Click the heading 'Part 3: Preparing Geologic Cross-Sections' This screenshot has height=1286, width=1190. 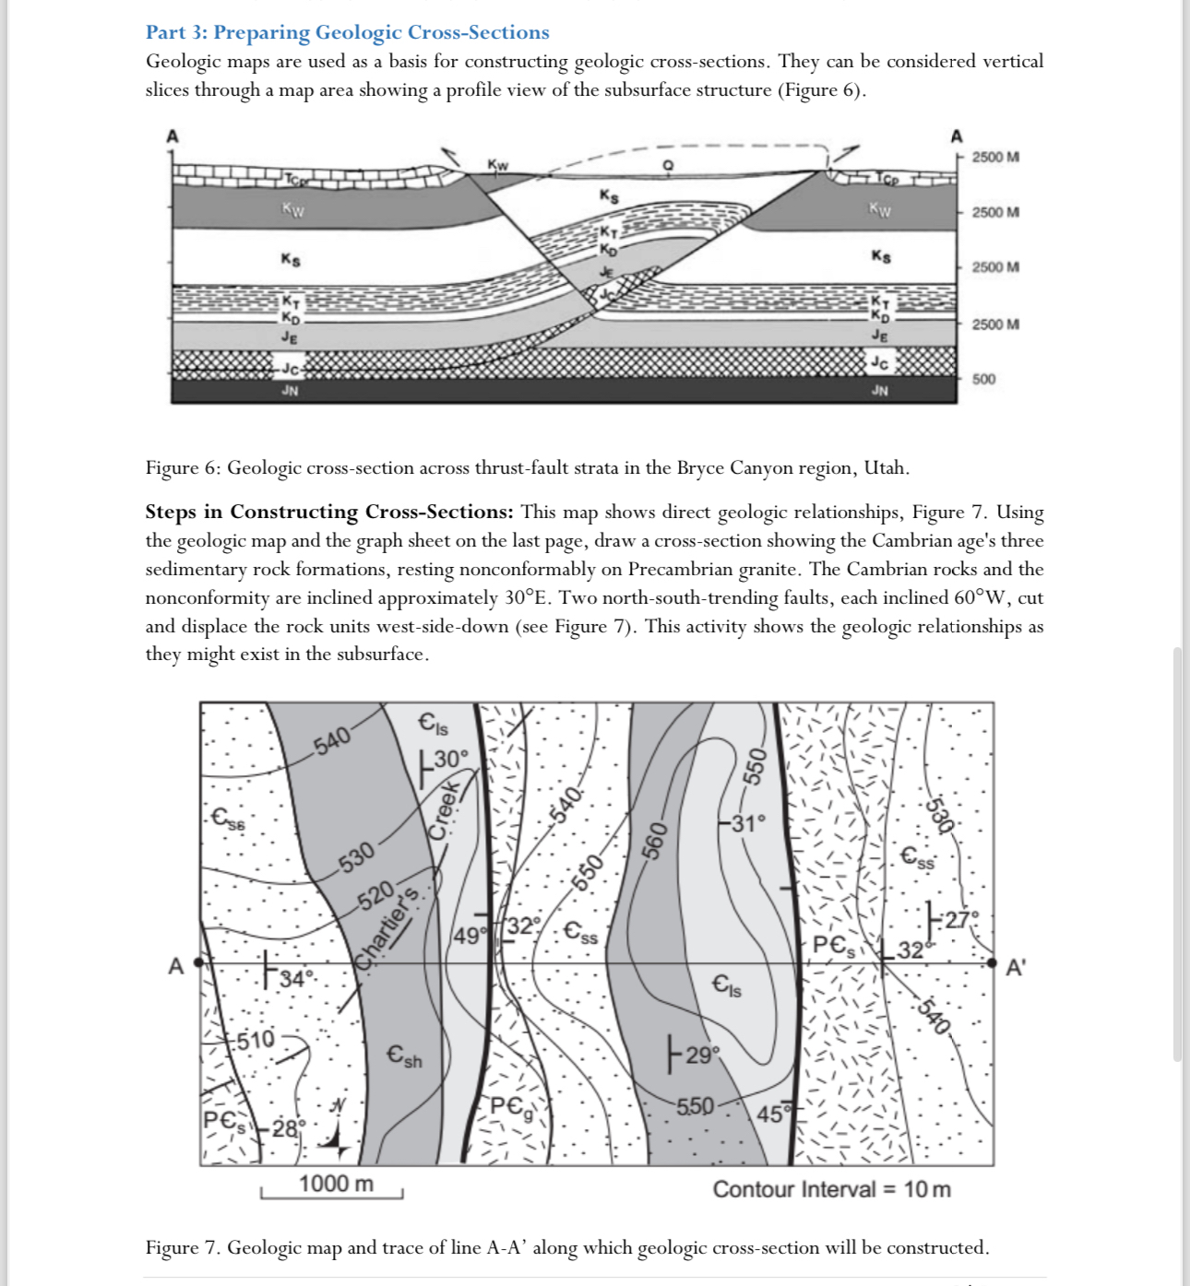tap(347, 32)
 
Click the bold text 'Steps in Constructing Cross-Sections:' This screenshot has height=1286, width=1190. tap(328, 512)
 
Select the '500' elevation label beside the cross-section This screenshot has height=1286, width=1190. tap(983, 379)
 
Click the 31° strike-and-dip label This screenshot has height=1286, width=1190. tap(747, 823)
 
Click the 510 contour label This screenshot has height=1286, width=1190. tap(255, 1040)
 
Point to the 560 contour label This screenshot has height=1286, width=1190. tap(653, 841)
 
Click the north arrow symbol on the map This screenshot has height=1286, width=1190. tap(335, 1129)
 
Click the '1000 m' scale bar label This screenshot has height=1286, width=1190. tap(336, 1184)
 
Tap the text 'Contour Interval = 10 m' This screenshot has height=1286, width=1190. tap(831, 1189)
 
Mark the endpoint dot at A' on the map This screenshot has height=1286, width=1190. tap(992, 963)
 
